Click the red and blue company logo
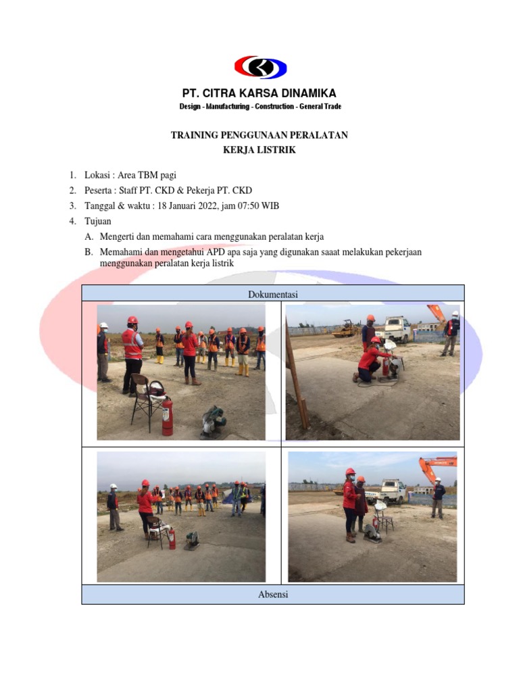point(260,68)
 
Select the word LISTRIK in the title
point(278,150)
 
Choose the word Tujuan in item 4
point(98,221)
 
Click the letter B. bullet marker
point(89,252)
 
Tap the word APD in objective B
point(224,252)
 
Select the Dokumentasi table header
point(273,294)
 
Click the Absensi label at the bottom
point(273,595)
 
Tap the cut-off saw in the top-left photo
point(214,422)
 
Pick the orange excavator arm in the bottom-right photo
point(437,466)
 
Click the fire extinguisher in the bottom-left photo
point(172,539)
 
